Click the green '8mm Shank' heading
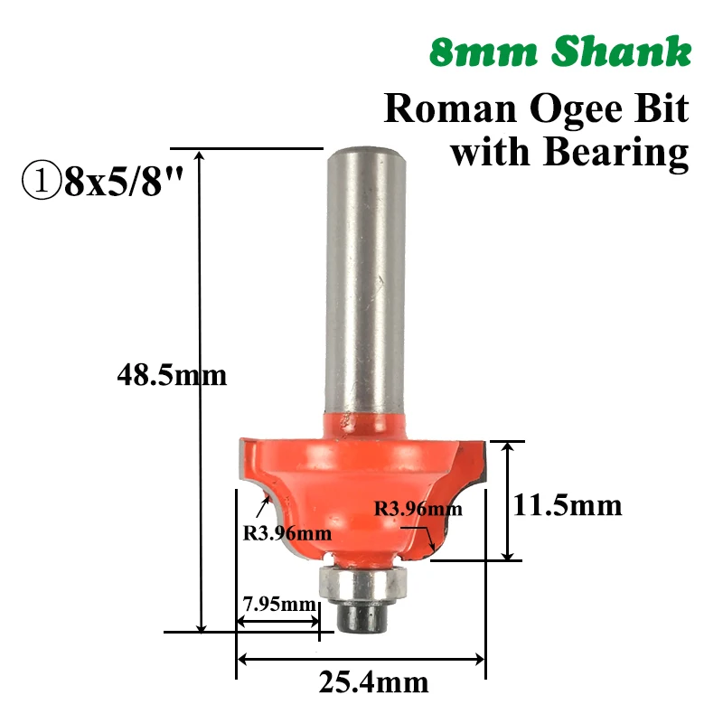click(560, 52)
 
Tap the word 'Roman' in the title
click(450, 108)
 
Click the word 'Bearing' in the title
click(616, 153)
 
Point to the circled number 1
click(41, 180)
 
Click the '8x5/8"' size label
click(124, 180)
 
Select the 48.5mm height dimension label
click(172, 375)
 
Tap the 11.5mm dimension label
click(568, 505)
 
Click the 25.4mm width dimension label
click(373, 682)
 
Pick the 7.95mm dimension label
click(279, 604)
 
